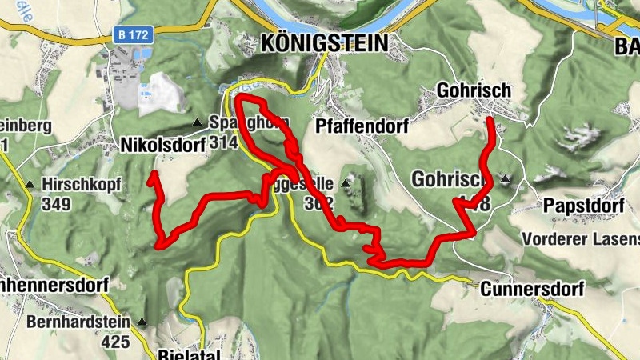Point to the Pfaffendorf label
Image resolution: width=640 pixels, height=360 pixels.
tap(362, 126)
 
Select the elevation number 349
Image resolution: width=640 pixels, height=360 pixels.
tap(57, 205)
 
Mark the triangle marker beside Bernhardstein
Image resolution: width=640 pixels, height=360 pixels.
tap(142, 323)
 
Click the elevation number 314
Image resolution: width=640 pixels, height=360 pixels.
tap(226, 143)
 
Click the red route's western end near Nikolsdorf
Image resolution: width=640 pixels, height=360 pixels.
tap(150, 182)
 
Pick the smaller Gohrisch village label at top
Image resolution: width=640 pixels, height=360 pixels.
tap(474, 91)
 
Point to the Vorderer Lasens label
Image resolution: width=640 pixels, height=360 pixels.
tap(580, 239)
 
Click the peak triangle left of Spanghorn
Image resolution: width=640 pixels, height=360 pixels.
tap(197, 122)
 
